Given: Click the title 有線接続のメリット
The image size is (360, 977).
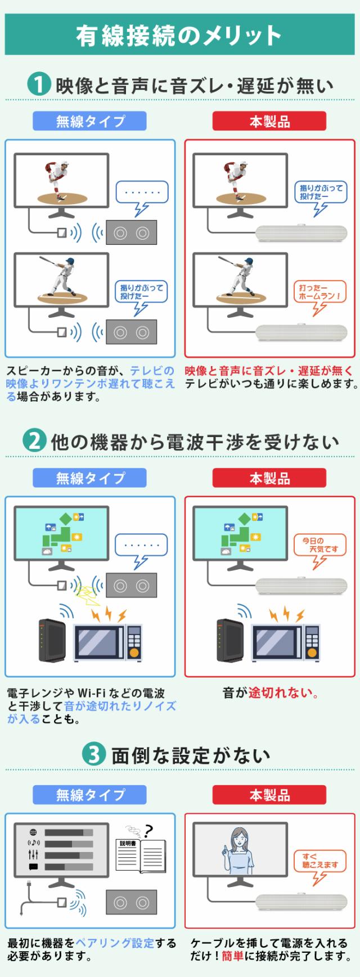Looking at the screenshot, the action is click(179, 35).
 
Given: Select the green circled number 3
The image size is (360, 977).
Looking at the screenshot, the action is click(94, 755).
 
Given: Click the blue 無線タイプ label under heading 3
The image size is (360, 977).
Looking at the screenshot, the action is click(89, 795).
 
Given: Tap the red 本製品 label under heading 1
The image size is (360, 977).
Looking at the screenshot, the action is click(269, 121).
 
